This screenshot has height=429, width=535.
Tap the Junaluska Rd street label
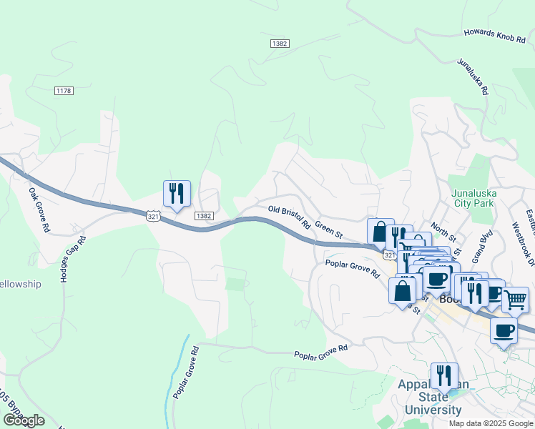473,77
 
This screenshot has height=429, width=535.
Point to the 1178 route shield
64,90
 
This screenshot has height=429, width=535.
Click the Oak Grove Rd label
39,209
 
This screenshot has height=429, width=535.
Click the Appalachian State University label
433,397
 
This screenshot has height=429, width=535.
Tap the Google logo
24,420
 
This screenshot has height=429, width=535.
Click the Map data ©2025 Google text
490,423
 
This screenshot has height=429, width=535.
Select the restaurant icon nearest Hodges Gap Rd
177,193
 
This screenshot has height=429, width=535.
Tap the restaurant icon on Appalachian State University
444,375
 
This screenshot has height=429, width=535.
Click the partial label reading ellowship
21,284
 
